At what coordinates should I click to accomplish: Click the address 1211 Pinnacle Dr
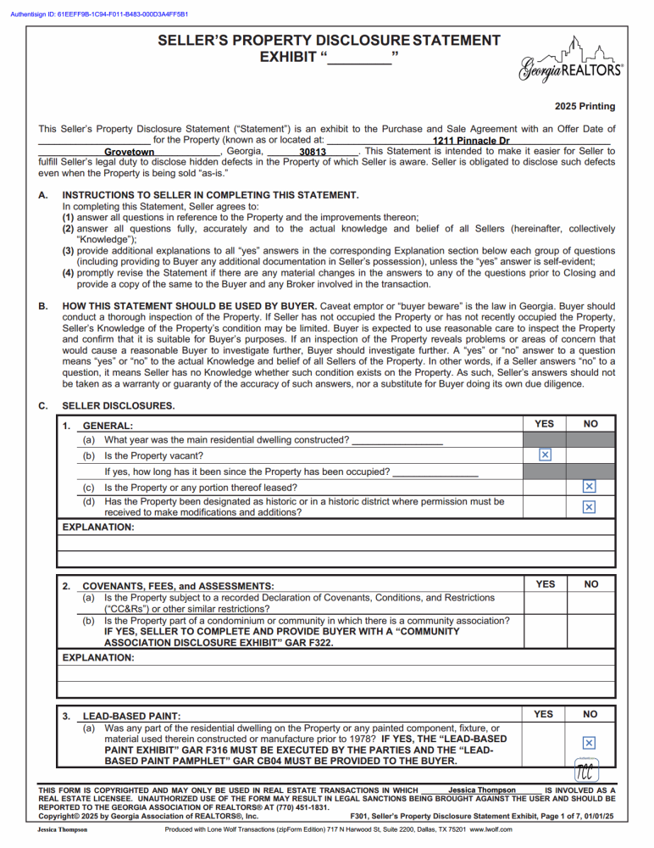470,141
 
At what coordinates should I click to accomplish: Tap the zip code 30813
313,153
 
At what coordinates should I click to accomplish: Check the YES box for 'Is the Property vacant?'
546,455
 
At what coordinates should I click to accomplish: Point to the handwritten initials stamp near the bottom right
584,771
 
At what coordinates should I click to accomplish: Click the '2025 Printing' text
585,107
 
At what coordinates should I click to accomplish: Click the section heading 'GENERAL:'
108,426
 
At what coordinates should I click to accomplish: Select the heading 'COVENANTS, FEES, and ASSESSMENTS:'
178,586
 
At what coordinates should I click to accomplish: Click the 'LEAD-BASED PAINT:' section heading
131,717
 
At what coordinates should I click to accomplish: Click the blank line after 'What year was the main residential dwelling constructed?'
396,440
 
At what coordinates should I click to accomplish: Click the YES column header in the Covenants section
546,583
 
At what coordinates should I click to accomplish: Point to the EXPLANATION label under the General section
99,527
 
